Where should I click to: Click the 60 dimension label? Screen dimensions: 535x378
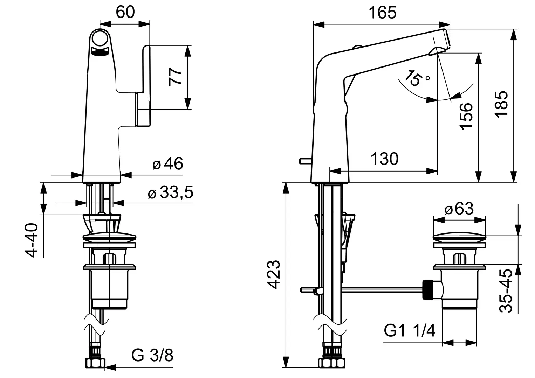pyautogui.click(x=125, y=12)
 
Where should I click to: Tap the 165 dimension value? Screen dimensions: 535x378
pyautogui.click(x=382, y=13)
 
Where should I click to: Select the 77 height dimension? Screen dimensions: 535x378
pyautogui.click(x=175, y=77)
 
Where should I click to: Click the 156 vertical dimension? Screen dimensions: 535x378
pyautogui.click(x=466, y=116)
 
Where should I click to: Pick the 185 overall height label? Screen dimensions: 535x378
pyautogui.click(x=501, y=104)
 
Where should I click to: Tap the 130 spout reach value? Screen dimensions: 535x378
pyautogui.click(x=385, y=159)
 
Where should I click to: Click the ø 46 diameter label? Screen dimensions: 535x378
pyautogui.click(x=168, y=163)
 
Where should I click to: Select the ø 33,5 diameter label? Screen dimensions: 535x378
pyautogui.click(x=171, y=192)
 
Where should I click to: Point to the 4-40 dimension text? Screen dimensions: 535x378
pyautogui.click(x=31, y=240)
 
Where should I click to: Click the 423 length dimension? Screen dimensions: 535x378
pyautogui.click(x=273, y=275)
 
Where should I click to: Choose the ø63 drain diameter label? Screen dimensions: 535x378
pyautogui.click(x=459, y=209)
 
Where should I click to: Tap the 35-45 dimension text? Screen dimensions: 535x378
pyautogui.click(x=506, y=291)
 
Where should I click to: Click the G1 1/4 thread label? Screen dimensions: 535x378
pyautogui.click(x=410, y=331)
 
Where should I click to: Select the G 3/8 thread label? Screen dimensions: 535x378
pyautogui.click(x=152, y=355)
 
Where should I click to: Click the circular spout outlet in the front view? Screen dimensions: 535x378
pyautogui.click(x=100, y=38)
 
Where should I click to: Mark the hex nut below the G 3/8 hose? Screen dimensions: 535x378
pyautogui.click(x=95, y=363)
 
